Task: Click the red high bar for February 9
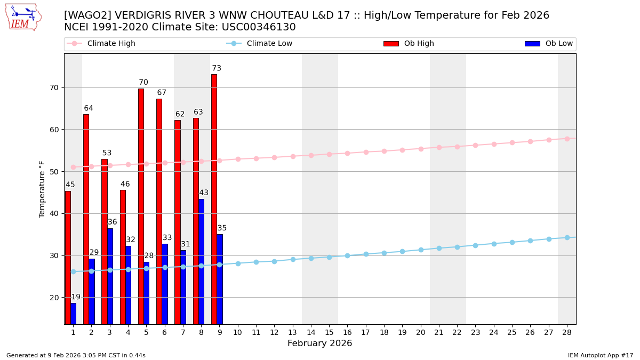tap(214, 199)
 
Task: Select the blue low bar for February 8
tap(201, 261)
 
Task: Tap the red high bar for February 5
tap(141, 206)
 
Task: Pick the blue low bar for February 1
tap(73, 314)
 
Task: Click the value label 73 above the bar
tap(217, 68)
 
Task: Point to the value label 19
tap(76, 297)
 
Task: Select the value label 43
tap(204, 193)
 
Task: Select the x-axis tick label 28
tap(567, 332)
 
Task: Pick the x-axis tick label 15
tap(329, 332)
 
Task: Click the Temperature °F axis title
tap(42, 189)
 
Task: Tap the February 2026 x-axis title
tap(320, 343)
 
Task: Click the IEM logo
tap(23, 17)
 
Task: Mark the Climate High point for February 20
tap(421, 149)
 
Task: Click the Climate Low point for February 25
tap(512, 242)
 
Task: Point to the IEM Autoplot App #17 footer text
tap(601, 355)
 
